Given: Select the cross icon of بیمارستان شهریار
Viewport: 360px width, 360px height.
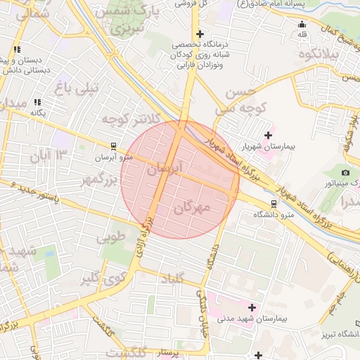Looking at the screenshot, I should pos(267,135).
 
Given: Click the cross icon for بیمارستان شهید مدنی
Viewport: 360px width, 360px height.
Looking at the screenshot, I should pos(252,307).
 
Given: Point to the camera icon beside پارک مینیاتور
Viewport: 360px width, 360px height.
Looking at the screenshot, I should pos(345,172).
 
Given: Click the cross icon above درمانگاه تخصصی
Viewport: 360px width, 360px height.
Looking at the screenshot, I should pos(200,34).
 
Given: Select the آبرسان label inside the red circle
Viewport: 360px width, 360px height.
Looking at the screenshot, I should pos(166,169).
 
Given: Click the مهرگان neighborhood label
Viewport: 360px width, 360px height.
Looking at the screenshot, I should pos(191,208).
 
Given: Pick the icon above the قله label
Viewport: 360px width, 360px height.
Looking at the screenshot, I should pos(302,23).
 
